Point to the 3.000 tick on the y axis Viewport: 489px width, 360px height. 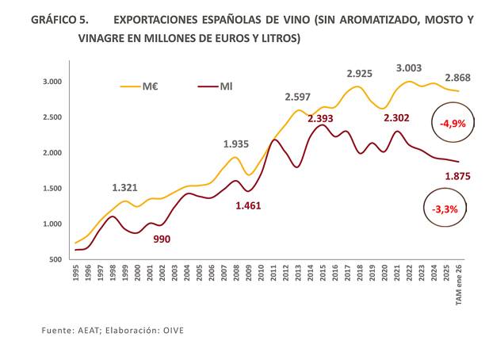click(52, 82)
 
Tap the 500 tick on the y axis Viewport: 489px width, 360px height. click(55, 259)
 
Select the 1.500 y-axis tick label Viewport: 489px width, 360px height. click(52, 189)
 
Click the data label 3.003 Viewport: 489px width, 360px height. click(410, 68)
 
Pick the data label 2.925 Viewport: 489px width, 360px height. click(360, 74)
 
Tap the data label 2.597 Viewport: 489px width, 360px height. click(298, 97)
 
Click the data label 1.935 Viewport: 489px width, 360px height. click(236, 144)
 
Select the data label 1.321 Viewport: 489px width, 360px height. click(124, 188)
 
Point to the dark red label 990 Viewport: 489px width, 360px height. click(162, 238)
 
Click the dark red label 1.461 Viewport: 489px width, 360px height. click(248, 205)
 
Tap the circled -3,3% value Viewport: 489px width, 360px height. click(445, 209)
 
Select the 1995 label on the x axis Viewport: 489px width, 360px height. click(76, 277)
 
